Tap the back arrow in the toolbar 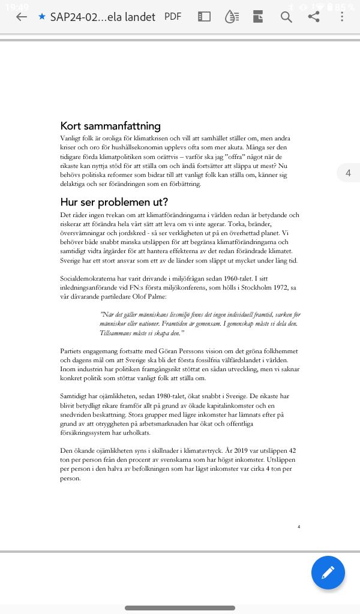(22, 17)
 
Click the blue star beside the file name (41, 17)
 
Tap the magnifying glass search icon (286, 17)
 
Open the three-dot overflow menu (342, 17)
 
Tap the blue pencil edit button (328, 573)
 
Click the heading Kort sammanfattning (110, 126)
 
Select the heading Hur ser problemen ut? (114, 201)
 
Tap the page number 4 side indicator (348, 173)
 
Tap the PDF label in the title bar (173, 17)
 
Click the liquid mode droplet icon (231, 17)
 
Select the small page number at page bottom (298, 527)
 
